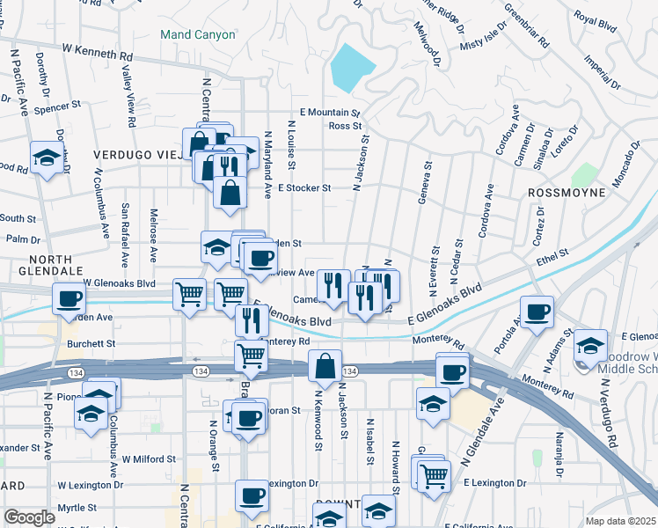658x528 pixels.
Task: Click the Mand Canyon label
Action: (198, 35)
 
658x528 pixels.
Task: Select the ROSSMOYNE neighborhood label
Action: (567, 192)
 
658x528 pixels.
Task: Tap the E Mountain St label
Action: (330, 113)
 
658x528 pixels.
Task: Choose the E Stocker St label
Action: (303, 187)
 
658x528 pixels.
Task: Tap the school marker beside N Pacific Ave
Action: (46, 158)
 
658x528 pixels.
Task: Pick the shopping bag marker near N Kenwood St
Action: (325, 366)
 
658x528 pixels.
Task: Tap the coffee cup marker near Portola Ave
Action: (537, 312)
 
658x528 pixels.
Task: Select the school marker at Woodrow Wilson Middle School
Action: (590, 344)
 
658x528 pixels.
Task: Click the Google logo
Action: (29, 517)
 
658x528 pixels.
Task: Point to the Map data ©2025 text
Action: (620, 521)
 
